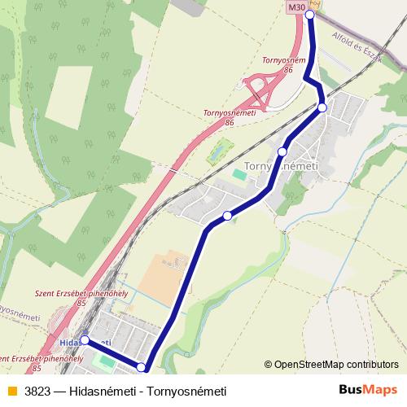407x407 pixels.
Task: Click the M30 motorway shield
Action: click(x=295, y=7)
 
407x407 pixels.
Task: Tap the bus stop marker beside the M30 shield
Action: click(x=309, y=15)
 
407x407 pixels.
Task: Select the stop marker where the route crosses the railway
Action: click(x=322, y=107)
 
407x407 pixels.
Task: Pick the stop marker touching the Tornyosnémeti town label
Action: click(x=282, y=151)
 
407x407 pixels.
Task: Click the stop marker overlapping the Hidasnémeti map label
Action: click(x=84, y=340)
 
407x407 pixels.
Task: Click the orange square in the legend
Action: click(x=11, y=391)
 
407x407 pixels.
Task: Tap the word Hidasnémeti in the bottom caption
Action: click(x=104, y=391)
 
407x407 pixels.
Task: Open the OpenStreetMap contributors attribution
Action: click(x=336, y=365)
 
